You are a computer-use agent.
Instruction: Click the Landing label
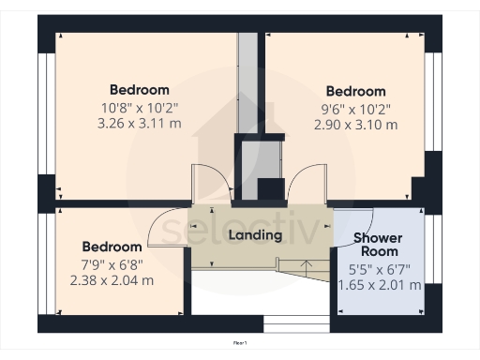coord(255,234)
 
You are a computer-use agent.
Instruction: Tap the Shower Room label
coord(379,245)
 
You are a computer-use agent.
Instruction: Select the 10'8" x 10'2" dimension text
coord(141,108)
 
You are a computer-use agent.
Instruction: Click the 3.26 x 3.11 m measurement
coord(141,123)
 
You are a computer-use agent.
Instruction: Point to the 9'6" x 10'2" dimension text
coord(355,108)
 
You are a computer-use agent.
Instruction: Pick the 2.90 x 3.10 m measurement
coord(355,124)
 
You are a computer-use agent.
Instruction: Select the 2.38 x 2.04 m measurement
coord(112,279)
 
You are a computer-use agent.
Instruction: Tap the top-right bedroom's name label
coord(355,91)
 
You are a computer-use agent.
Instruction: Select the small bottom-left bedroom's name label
coord(112,247)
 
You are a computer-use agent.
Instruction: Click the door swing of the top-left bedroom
coord(208,182)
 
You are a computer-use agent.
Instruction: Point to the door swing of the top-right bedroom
coord(307,182)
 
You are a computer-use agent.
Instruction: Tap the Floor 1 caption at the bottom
coord(240,344)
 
